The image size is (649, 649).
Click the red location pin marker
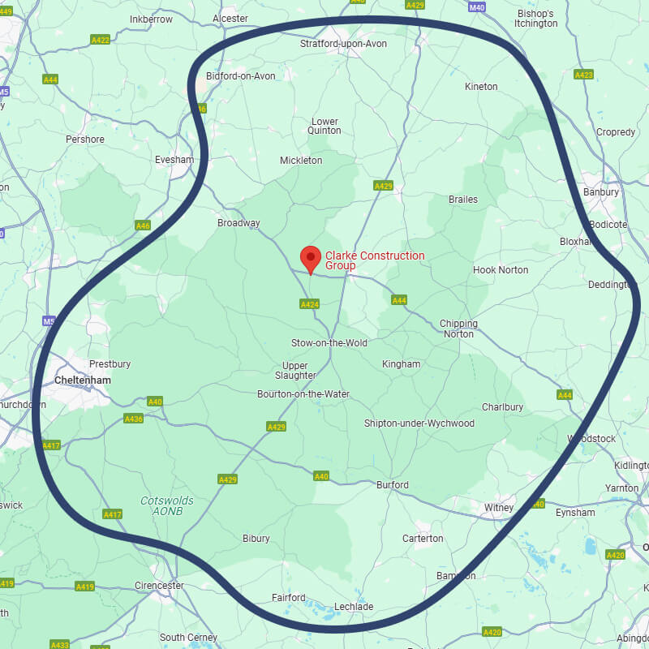tap(310, 259)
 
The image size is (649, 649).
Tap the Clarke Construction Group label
tap(374, 260)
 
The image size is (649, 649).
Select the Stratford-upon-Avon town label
tap(343, 43)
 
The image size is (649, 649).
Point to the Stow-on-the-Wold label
tap(329, 343)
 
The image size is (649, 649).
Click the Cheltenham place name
tap(82, 380)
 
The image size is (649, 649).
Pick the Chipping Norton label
tap(458, 329)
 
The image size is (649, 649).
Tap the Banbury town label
tap(601, 192)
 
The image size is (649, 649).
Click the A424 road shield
tap(309, 304)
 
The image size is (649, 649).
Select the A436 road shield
tap(133, 419)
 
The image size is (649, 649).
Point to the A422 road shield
tap(101, 39)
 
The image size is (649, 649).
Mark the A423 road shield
tap(583, 75)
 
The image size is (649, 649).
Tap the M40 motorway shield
tap(477, 6)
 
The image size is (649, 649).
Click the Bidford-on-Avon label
tap(241, 76)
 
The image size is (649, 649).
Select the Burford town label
tap(393, 485)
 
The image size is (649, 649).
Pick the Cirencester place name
tap(159, 585)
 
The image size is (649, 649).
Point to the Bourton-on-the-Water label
tap(303, 394)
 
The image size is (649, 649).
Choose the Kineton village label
tap(481, 86)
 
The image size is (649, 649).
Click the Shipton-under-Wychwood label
tap(419, 423)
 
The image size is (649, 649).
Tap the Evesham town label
tap(174, 160)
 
